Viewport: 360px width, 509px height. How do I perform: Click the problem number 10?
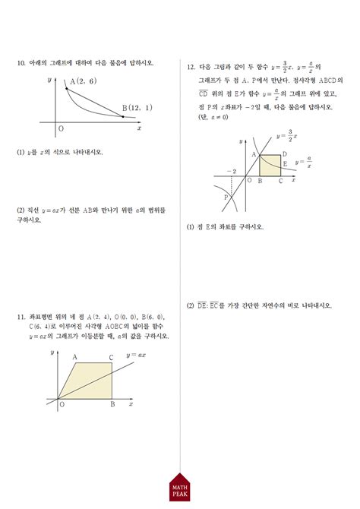tap(21, 63)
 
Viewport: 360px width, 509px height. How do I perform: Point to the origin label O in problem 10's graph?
tap(61, 129)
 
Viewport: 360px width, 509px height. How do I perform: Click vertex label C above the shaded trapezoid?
tap(111, 357)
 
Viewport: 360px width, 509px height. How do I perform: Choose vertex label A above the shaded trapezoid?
tap(75, 356)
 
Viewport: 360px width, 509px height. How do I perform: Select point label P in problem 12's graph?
tap(226, 197)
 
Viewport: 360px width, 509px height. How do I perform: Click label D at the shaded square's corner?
tap(284, 155)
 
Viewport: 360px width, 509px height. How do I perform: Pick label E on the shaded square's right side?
tap(285, 163)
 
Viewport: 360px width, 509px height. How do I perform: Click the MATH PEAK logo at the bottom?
tap(179, 490)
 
